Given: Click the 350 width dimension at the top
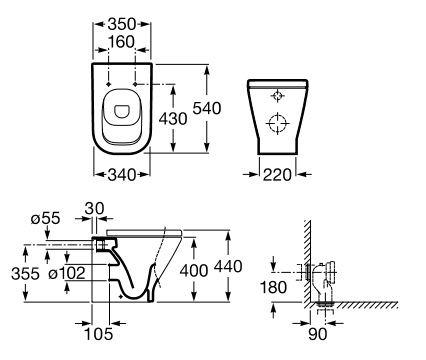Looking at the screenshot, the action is click(122, 24).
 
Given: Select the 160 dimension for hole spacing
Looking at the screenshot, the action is click(122, 42).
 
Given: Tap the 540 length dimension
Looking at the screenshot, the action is click(207, 108).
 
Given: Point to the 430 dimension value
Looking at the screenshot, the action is click(173, 119).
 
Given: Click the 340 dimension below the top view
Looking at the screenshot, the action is click(122, 174).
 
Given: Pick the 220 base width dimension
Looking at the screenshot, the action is click(277, 174).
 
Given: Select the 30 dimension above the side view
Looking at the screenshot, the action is click(94, 209).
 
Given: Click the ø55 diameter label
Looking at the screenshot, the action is click(46, 219).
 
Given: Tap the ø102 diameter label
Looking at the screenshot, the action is click(67, 274).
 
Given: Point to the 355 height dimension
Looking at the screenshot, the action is click(25, 274).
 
